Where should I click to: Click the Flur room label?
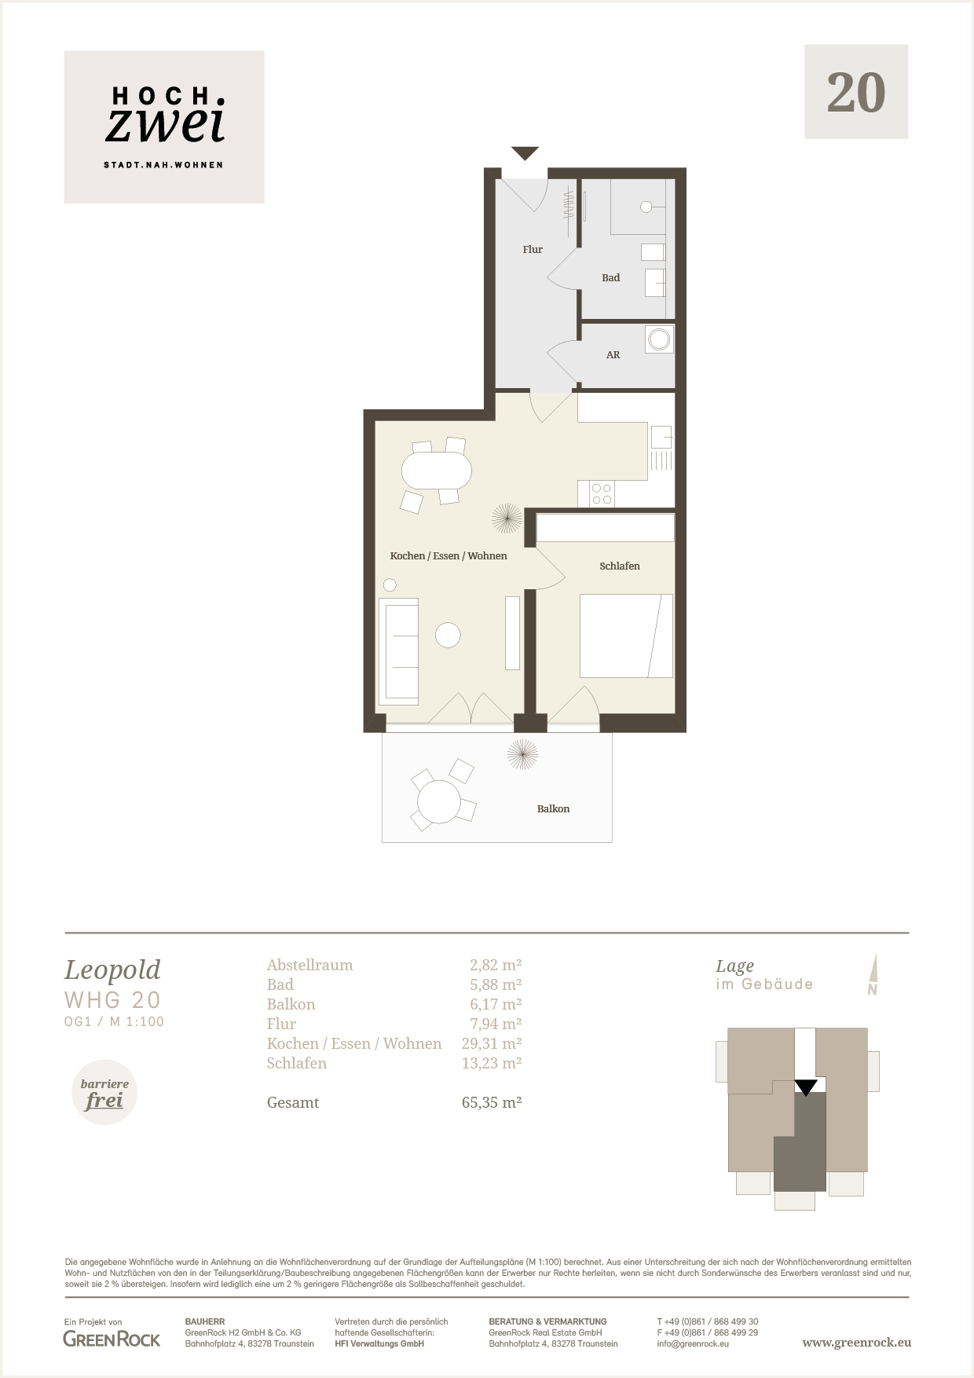(x=533, y=249)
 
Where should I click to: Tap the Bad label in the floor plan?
(x=610, y=277)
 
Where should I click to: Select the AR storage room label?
(x=613, y=355)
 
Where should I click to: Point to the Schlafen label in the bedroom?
(x=620, y=566)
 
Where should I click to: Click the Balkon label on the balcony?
(x=553, y=808)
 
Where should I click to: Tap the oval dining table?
(x=437, y=471)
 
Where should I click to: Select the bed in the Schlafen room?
(x=626, y=636)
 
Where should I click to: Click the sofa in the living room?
(x=398, y=651)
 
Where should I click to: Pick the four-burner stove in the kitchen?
(x=602, y=493)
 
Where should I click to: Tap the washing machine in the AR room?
(x=658, y=339)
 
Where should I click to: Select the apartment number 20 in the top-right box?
(x=856, y=93)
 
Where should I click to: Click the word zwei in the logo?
(x=165, y=124)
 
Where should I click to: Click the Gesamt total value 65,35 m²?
(x=492, y=1102)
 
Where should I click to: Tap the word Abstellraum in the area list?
(x=309, y=965)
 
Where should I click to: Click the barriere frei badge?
(x=104, y=1093)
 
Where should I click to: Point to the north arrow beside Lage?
(x=873, y=975)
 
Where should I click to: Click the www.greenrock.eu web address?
(x=856, y=1343)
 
